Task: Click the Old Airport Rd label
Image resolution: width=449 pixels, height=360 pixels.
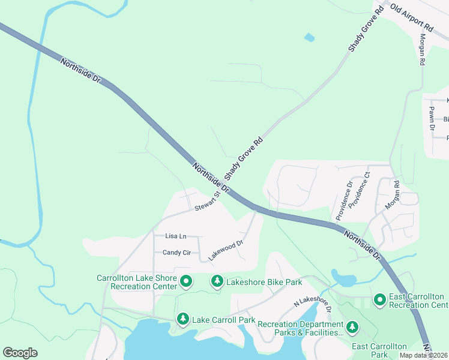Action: (x=411, y=18)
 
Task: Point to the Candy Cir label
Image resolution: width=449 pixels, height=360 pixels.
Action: (x=176, y=253)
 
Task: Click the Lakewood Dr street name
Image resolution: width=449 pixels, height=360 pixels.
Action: (x=225, y=251)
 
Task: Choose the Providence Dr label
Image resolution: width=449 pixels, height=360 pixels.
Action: (x=342, y=200)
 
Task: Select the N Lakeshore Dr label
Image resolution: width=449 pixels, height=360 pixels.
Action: (x=312, y=304)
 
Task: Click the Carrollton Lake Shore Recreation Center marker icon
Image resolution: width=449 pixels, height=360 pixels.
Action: (x=186, y=280)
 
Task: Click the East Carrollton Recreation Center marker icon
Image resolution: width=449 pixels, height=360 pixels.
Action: (x=380, y=299)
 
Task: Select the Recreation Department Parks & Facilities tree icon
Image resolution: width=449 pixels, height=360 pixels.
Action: (x=353, y=327)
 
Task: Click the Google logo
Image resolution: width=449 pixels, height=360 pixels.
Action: (x=20, y=353)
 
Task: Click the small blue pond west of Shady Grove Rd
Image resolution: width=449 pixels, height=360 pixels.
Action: (x=309, y=38)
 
